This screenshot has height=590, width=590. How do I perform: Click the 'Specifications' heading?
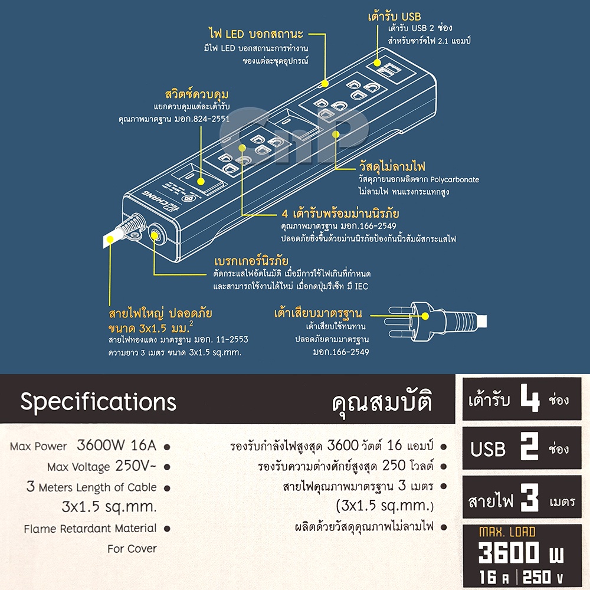[98, 402]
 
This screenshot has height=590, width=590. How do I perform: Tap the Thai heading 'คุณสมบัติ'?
[382, 402]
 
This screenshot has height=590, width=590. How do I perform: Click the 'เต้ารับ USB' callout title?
[394, 17]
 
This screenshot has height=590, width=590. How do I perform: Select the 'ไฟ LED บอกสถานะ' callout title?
[256, 34]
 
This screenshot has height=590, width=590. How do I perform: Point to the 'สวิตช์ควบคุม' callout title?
[197, 94]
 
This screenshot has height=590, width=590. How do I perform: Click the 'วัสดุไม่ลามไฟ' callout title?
[392, 166]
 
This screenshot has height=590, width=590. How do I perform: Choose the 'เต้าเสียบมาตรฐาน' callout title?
[319, 313]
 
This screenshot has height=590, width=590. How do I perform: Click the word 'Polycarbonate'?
[454, 179]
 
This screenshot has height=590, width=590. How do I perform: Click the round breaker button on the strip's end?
[154, 235]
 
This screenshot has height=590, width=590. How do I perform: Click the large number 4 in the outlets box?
[530, 399]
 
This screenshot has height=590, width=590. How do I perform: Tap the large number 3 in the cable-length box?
[530, 497]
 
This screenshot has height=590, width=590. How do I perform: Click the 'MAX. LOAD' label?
[507, 532]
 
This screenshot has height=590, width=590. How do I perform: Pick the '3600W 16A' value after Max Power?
[116, 445]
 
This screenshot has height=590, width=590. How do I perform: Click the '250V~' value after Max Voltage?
[136, 466]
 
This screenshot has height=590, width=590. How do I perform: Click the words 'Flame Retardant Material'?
[90, 529]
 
